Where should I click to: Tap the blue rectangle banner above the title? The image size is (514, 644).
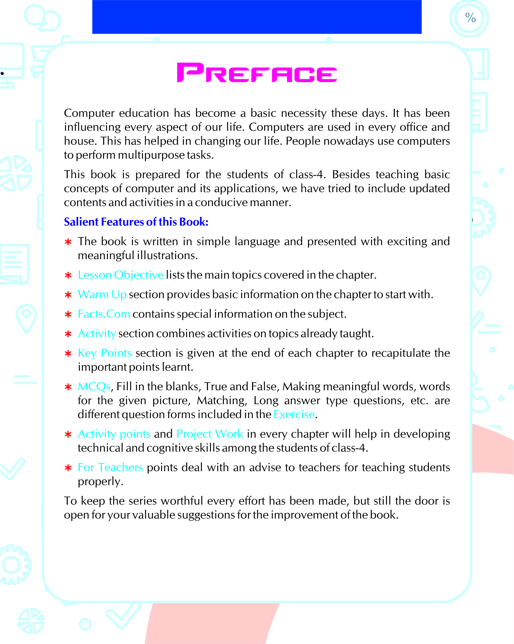pos(257,17)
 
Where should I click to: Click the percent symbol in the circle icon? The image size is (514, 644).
pos(470,18)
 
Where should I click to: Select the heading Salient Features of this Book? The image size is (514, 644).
pos(136,222)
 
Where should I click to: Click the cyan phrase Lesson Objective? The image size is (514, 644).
pos(120,275)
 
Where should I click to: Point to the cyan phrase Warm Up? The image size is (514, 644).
pos(102,295)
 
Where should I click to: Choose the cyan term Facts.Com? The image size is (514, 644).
pos(104,314)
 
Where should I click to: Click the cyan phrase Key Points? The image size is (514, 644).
pos(105,353)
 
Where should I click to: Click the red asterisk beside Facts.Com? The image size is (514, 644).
pos(68,314)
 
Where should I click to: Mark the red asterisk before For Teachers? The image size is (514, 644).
pos(68,468)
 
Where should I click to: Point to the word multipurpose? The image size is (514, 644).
pos(151,155)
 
